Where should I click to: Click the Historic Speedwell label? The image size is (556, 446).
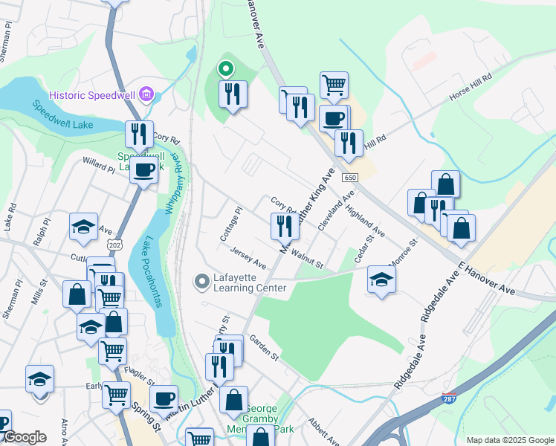pos(94,94)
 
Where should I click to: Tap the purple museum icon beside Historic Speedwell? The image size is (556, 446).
pos(146,94)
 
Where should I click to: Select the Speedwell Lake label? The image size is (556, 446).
pos(62,115)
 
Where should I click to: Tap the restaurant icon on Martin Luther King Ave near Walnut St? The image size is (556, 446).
pos(283,226)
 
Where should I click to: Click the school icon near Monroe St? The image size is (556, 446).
pos(381,279)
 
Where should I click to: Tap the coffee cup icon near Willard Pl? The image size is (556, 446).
pos(143,169)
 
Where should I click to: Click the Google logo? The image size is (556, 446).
pos(24,437)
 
